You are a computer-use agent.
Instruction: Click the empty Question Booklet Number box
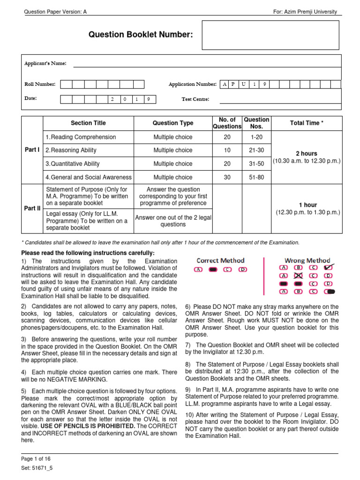tap(270, 35)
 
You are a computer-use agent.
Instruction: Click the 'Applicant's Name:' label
tap(45, 63)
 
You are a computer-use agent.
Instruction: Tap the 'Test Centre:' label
tap(195, 99)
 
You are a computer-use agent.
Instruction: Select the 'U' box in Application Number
tap(243, 84)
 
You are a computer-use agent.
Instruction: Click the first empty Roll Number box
tap(66, 84)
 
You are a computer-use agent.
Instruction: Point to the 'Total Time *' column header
tap(307, 123)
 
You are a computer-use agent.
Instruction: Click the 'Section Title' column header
tap(88, 123)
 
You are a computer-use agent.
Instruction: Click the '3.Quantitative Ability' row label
tap(72, 164)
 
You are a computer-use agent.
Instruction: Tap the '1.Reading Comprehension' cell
tap(81, 137)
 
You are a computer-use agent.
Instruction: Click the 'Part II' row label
tap(32, 208)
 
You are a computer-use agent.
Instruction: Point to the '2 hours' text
tap(307, 153)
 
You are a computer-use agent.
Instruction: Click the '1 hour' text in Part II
tap(307, 205)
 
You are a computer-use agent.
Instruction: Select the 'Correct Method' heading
tap(220, 260)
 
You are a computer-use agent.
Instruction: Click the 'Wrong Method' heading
tap(307, 260)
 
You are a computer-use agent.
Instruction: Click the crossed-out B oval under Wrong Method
tap(298, 276)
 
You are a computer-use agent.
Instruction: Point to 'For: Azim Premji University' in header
tap(305, 12)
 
